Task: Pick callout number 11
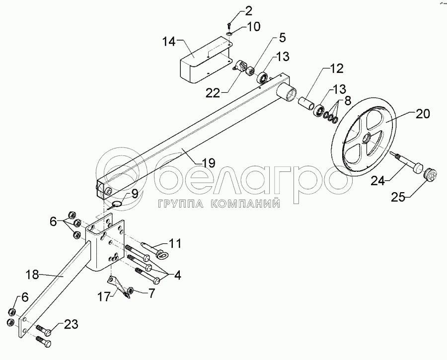click(174, 244)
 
